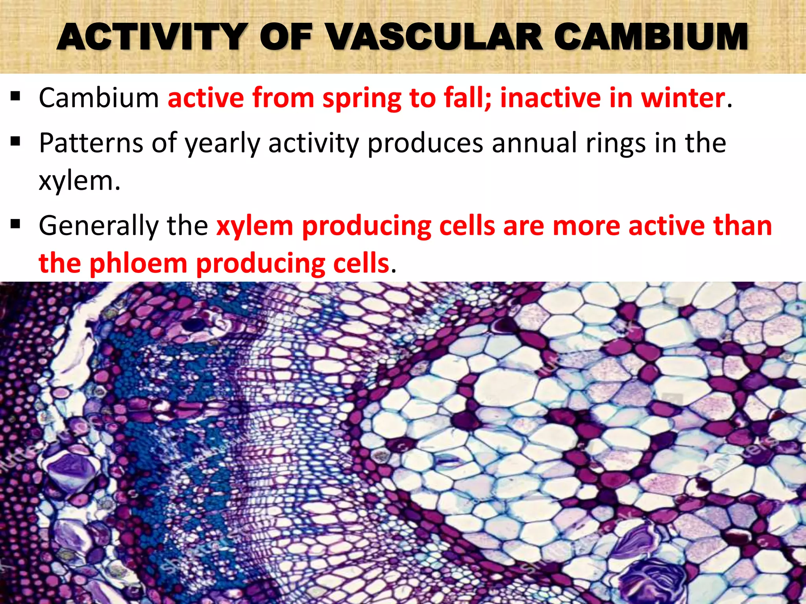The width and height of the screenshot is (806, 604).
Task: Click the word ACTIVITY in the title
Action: click(152, 37)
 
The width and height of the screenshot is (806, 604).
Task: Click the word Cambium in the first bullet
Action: click(99, 98)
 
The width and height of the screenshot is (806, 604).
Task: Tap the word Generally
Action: click(98, 226)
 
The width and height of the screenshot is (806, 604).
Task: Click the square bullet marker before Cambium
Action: click(15, 97)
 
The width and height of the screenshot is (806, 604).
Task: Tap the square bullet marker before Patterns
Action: click(15, 141)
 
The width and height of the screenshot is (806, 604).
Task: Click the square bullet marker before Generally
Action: click(15, 225)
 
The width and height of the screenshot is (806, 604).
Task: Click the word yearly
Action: click(223, 144)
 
